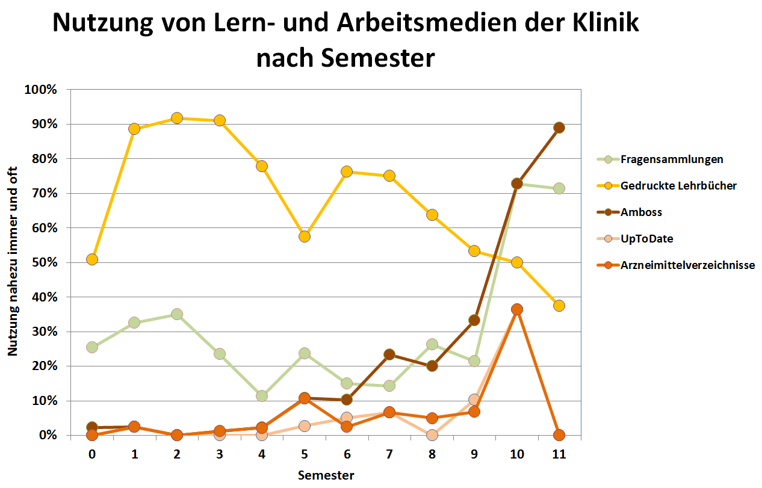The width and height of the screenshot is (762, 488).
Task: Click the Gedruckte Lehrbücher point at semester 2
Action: (177, 118)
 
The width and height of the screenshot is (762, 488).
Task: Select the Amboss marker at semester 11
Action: (559, 128)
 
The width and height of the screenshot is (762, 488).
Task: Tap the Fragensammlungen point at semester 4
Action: (262, 396)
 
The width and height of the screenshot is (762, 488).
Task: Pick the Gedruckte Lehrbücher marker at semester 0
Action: (92, 259)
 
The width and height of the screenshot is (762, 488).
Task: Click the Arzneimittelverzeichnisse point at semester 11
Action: (559, 435)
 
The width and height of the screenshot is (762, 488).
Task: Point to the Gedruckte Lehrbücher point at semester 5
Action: (305, 236)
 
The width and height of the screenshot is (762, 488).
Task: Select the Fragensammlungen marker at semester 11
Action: (559, 188)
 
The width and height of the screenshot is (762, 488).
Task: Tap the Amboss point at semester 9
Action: (474, 320)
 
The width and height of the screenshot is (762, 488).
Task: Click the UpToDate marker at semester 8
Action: (432, 434)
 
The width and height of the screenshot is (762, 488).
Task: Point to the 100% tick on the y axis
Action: (41, 90)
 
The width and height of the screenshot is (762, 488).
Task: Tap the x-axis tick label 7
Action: (389, 454)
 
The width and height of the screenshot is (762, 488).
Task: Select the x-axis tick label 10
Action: (516, 454)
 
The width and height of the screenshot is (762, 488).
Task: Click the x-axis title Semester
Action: (326, 475)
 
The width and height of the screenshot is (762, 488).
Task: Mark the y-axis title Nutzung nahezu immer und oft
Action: (13, 262)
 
